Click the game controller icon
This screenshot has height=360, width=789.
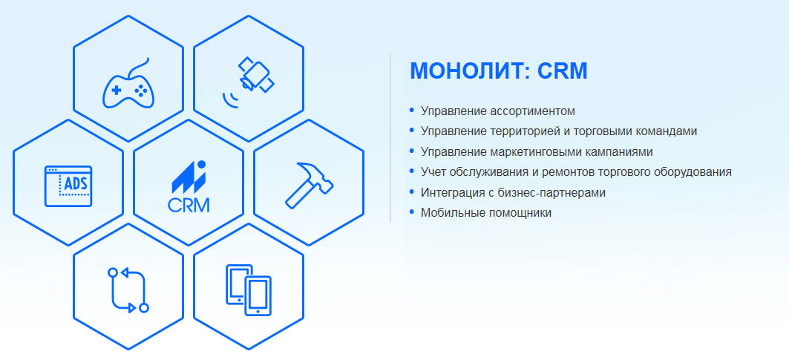click(x=128, y=85)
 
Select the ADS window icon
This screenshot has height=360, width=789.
click(x=68, y=186)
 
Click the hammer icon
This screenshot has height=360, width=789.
click(x=308, y=185)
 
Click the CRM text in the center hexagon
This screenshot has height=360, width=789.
click(x=189, y=203)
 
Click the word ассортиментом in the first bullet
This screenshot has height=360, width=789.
click(x=532, y=111)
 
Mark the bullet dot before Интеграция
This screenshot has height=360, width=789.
click(x=412, y=192)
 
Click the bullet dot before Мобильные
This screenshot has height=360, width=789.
click(x=412, y=212)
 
